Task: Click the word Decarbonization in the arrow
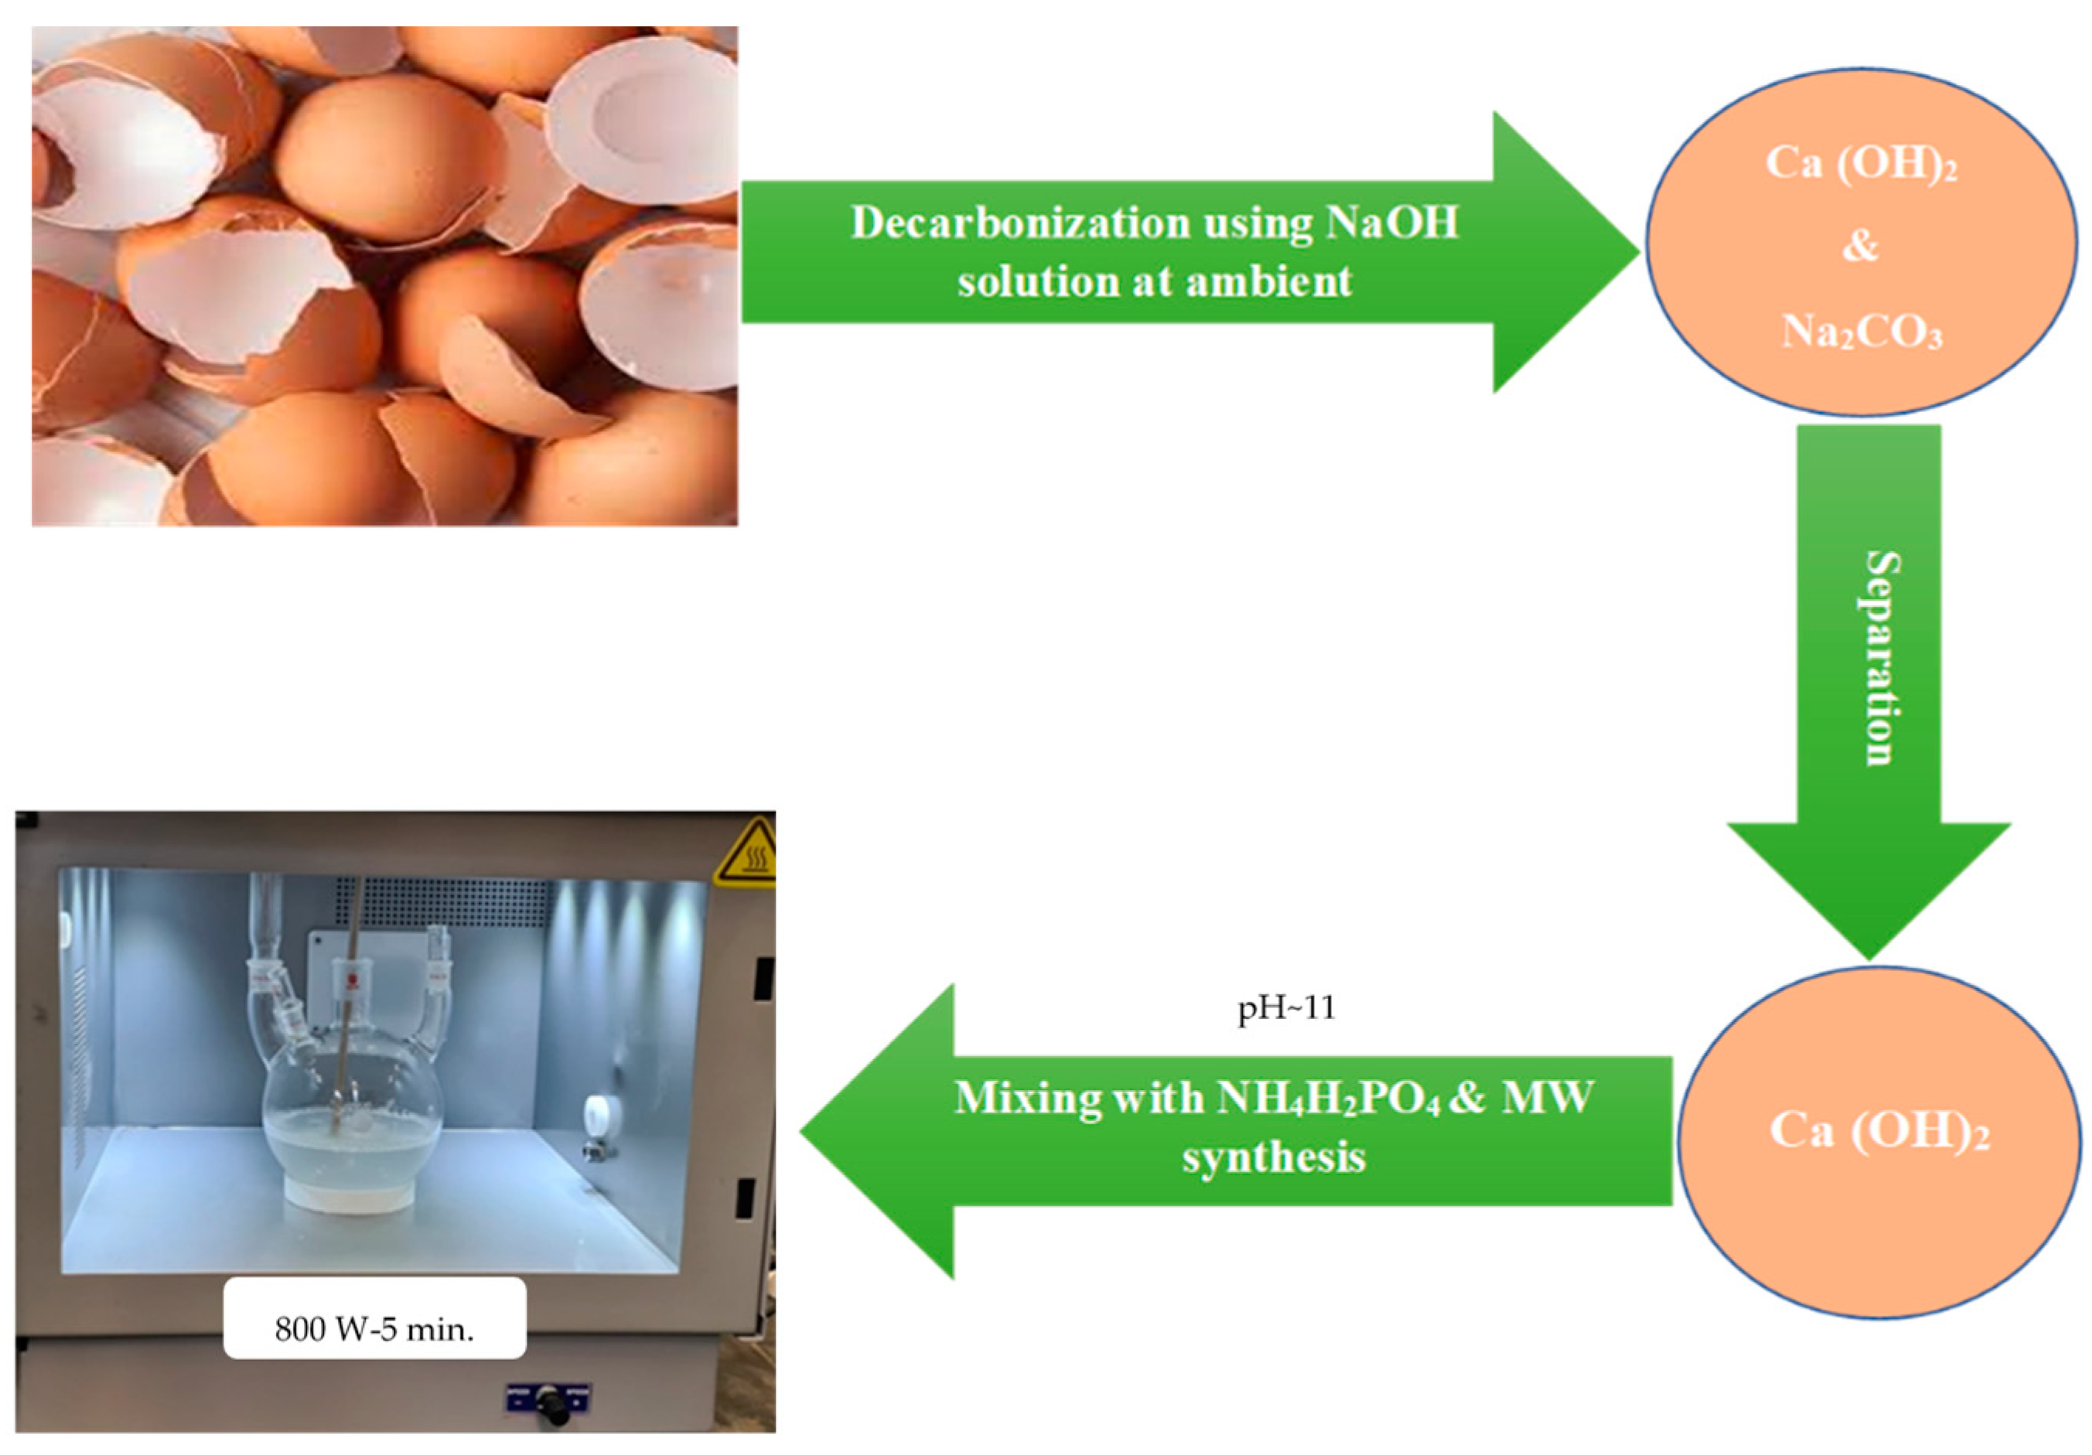tap(1019, 224)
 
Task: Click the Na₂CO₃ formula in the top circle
tap(1862, 332)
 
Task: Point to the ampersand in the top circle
tap(1860, 246)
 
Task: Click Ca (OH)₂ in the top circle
tap(1860, 165)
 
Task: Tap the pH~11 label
tap(1285, 1009)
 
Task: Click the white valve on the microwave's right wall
tap(599, 1117)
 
